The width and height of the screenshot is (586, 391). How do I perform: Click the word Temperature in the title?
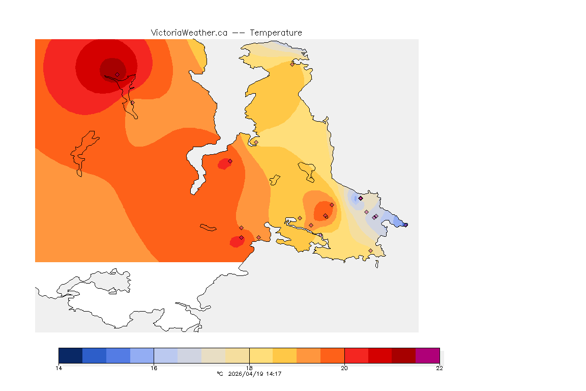point(276,33)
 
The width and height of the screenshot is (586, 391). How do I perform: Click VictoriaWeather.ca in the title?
point(189,33)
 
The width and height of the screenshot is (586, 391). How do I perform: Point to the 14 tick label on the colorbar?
point(59,368)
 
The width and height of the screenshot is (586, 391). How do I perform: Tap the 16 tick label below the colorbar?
point(154,368)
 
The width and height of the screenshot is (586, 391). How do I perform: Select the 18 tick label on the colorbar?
point(249,368)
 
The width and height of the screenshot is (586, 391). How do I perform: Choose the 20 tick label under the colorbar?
point(344,368)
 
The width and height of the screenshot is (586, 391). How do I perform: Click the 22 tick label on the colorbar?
point(439,368)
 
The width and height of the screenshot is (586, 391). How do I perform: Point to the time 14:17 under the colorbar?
point(274,374)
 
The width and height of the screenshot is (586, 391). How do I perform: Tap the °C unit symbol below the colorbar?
point(220,374)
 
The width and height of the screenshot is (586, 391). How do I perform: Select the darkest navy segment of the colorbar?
point(71,355)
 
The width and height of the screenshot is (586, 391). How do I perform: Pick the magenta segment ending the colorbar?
point(427,355)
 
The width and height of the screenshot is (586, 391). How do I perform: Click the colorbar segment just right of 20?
point(356,355)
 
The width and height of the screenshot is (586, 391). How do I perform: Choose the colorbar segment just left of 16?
point(142,355)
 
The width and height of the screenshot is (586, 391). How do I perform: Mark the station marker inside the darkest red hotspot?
point(117,74)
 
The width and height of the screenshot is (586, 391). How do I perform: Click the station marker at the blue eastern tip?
point(405,225)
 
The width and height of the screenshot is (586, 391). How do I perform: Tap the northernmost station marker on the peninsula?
point(292,64)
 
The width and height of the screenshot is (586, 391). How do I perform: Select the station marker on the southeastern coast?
point(370,250)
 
